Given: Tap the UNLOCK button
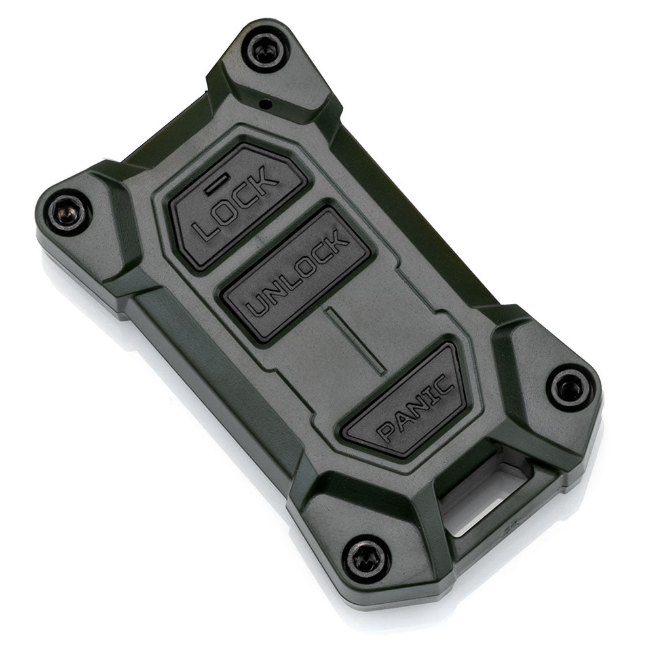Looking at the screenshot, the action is click(x=295, y=274).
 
